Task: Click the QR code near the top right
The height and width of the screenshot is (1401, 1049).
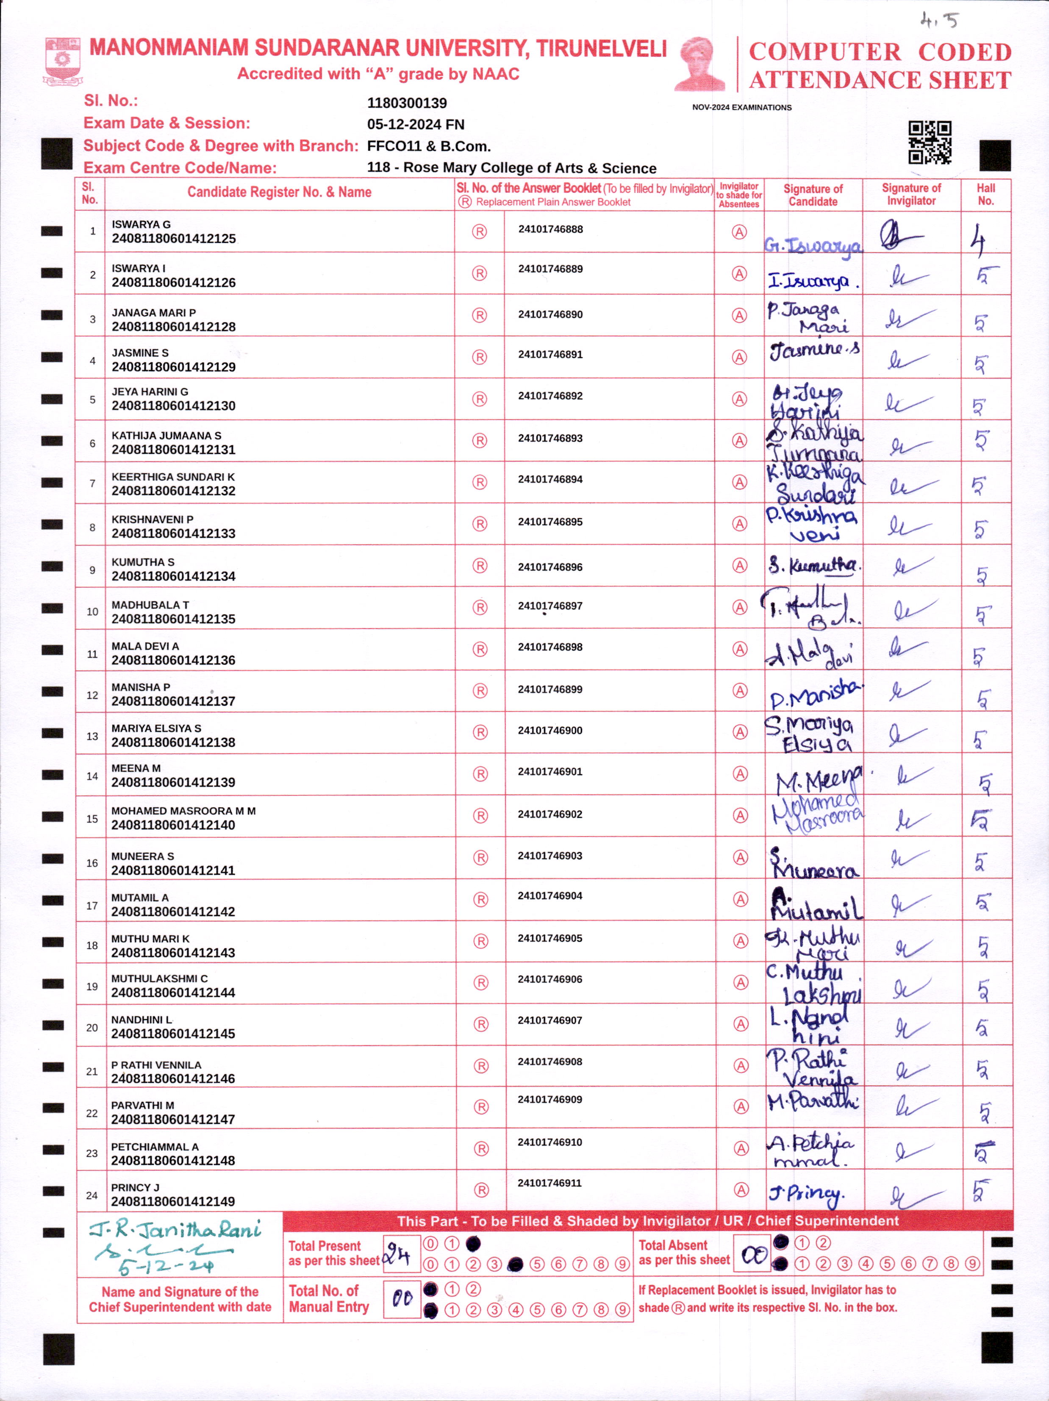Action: pos(930,142)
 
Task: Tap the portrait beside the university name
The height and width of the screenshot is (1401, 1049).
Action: pos(700,64)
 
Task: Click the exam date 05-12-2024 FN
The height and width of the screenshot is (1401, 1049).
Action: pos(415,125)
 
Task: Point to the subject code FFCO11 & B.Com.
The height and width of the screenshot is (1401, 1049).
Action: pos(429,146)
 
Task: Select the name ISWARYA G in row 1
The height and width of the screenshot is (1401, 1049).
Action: pos(141,224)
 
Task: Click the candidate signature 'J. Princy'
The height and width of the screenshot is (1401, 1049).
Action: pos(807,1195)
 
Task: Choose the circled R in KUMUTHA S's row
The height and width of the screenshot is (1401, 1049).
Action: pos(480,566)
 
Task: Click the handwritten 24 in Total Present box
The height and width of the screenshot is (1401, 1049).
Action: pos(400,1254)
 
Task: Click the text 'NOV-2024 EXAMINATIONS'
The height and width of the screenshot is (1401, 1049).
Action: pos(741,108)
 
